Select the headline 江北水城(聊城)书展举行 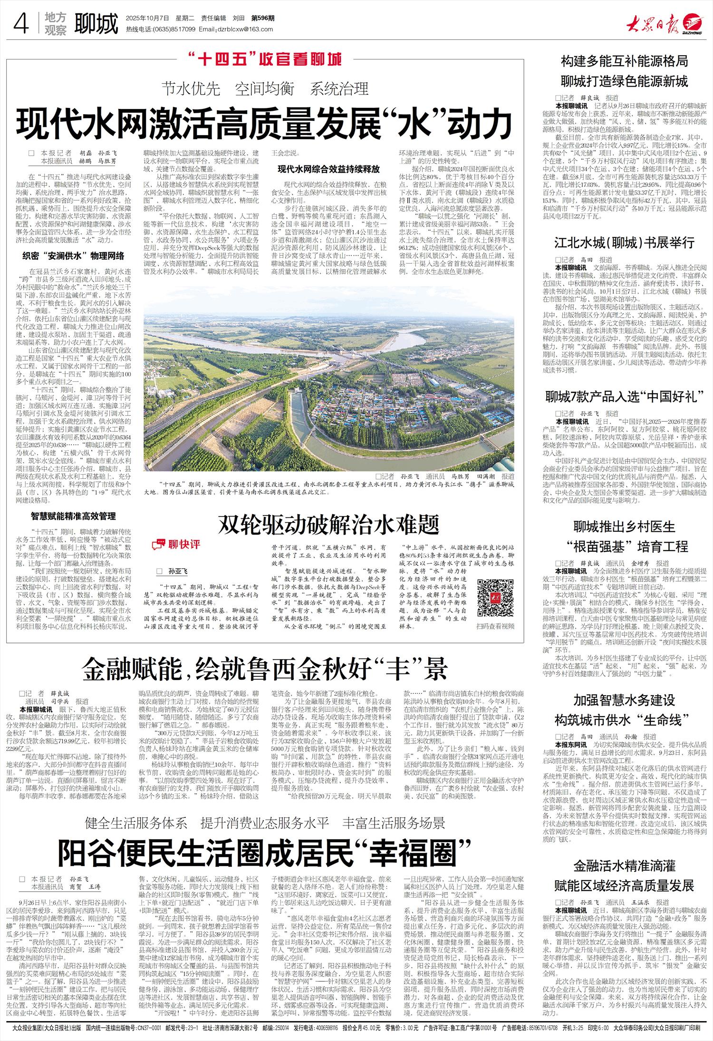(x=624, y=243)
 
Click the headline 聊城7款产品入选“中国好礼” (x=624, y=396)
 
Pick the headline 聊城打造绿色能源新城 (x=624, y=81)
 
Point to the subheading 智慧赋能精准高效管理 (x=74, y=516)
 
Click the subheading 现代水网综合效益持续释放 (x=329, y=169)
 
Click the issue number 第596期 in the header (x=263, y=18)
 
